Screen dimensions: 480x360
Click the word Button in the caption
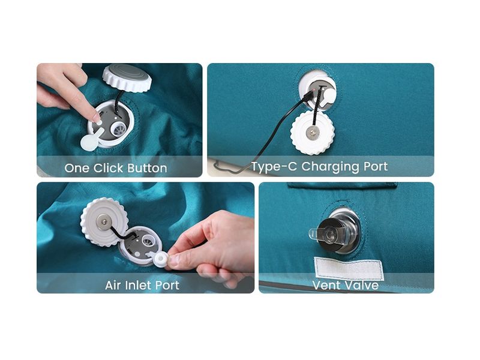coord(147,168)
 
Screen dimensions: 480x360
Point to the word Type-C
coord(274,167)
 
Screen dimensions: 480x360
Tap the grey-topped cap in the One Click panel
coord(127,78)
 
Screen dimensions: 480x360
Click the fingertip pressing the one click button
coord(97,121)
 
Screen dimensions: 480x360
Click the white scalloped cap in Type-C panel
coord(312,132)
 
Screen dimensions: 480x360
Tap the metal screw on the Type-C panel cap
coord(312,133)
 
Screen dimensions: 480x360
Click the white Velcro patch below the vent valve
coord(349,269)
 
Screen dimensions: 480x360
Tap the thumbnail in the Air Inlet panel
coord(173,261)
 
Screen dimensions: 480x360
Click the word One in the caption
coord(77,168)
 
